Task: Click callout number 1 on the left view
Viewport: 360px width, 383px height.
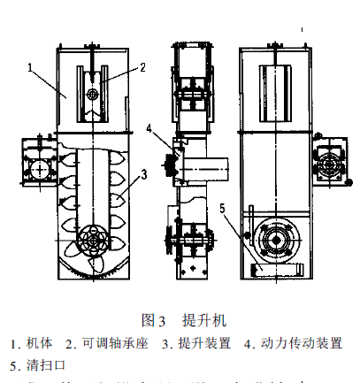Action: [30, 65]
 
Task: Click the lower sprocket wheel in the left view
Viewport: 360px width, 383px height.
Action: [91, 241]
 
